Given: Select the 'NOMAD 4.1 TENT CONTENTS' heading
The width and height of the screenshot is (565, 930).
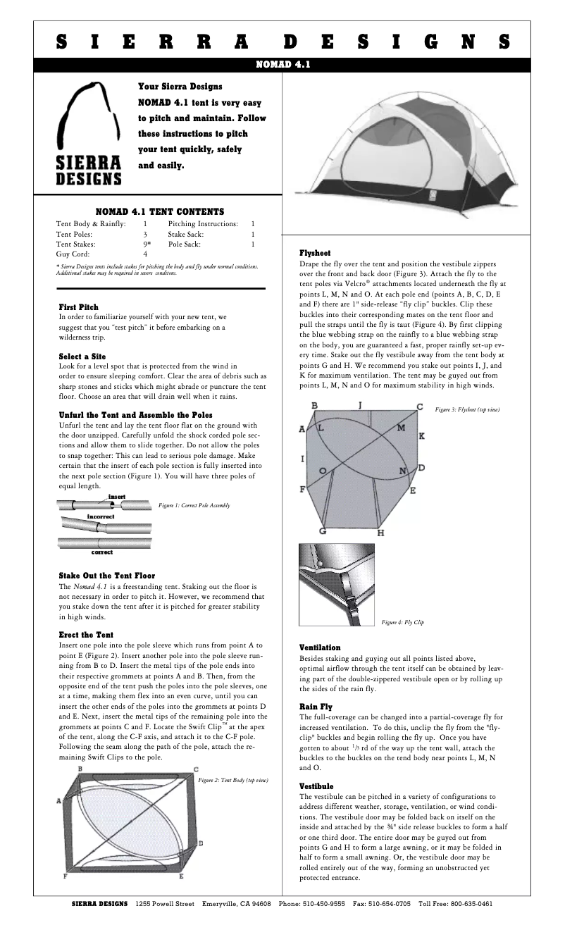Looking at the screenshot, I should tap(160, 211).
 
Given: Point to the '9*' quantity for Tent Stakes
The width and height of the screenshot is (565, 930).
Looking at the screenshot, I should tap(147, 244).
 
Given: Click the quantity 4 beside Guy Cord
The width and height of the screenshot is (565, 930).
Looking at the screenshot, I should tap(145, 254).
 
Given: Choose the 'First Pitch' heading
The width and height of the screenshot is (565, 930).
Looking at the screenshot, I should tap(78, 307).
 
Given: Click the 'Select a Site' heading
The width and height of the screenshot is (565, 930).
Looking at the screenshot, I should tap(82, 356).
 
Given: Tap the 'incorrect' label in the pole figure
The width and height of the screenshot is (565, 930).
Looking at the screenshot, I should tap(101, 516).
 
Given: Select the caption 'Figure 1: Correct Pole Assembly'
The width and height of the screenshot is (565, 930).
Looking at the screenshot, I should tap(194, 505).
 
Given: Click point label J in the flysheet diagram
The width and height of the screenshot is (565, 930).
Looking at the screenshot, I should tap(360, 405).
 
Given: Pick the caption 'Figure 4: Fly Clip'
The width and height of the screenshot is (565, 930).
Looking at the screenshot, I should tap(403, 623).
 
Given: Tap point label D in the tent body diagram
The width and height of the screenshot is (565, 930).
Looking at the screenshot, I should tap(201, 843).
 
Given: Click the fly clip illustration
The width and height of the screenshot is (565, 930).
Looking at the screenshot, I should tap(335, 585).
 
